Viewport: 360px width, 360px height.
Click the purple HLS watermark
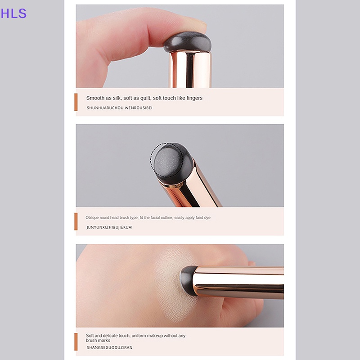[13, 13]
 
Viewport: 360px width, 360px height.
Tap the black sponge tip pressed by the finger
[187, 42]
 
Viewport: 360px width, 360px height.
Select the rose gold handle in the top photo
[189, 69]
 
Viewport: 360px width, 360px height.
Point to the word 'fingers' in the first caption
[194, 98]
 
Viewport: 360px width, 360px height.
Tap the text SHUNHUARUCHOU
[105, 108]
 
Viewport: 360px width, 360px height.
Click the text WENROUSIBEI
[139, 108]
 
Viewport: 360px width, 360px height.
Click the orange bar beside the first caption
[76, 102]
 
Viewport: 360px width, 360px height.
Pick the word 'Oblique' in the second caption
[92, 218]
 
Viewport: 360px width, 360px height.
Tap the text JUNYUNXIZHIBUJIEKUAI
[109, 227]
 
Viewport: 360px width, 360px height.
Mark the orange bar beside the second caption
[76, 221]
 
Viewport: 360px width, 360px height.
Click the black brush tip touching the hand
[188, 280]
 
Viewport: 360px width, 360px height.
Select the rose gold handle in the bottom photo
[239, 283]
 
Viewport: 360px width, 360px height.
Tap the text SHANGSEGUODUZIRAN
[109, 347]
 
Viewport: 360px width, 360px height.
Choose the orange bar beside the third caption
[76, 342]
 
